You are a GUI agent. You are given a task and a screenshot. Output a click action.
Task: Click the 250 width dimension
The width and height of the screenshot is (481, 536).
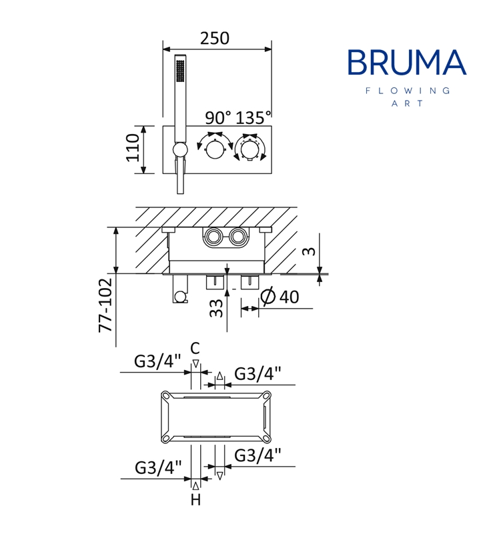(x=215, y=38)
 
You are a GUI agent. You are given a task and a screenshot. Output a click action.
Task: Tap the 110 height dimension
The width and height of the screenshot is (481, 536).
(x=133, y=148)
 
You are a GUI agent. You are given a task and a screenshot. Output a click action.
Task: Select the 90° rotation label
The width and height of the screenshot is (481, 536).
(x=218, y=118)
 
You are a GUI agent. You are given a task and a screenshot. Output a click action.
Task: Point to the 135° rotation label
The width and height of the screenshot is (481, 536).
(x=253, y=118)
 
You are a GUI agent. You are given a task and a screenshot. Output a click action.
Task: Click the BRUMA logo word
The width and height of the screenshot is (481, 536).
(x=407, y=62)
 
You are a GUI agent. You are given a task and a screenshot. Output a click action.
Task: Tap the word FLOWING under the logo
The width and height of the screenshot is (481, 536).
(x=408, y=91)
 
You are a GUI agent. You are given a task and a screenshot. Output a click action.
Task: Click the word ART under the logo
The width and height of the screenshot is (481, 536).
(x=408, y=103)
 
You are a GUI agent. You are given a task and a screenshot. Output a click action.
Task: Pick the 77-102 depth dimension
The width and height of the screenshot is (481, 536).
(x=105, y=305)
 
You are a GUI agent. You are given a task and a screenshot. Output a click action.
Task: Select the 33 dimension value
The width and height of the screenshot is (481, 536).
(x=216, y=309)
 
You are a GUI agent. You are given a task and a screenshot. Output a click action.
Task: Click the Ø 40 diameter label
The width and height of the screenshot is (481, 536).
(x=280, y=297)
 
